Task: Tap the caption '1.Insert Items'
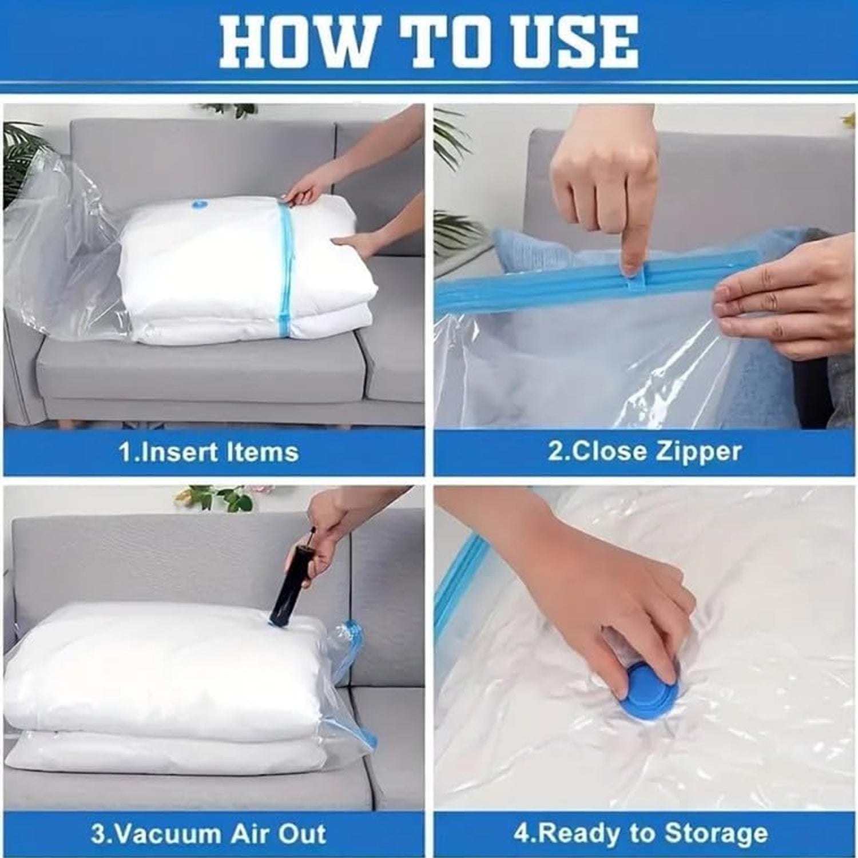[209, 452]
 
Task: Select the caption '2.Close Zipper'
[645, 451]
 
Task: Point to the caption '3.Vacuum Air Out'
[208, 833]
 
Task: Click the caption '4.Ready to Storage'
[640, 833]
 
